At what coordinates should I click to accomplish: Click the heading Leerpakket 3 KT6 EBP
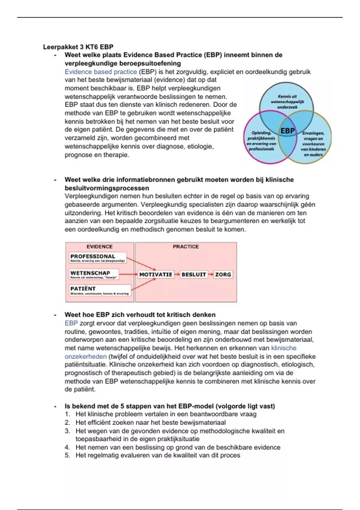78,47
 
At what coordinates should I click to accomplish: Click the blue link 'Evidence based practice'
101,72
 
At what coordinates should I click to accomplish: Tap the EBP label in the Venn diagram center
287,131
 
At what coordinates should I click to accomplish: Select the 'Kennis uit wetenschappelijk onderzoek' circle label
287,102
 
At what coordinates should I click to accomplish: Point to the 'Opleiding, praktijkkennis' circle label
261,141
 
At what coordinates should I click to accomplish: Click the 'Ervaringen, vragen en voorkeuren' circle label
313,144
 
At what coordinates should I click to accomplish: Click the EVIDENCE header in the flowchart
100,247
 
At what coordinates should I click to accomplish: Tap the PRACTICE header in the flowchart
186,247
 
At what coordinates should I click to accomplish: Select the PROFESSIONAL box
97,258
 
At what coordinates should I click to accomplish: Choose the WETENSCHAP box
94,274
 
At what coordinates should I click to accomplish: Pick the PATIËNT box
100,290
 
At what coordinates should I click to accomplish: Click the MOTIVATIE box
156,274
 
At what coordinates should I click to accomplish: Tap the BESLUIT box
193,274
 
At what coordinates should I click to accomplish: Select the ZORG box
223,274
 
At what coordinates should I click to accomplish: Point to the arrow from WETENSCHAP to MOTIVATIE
128,274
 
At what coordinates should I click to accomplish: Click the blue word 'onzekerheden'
86,356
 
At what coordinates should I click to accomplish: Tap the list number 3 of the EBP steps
67,431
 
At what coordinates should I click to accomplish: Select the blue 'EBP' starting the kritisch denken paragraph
71,323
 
